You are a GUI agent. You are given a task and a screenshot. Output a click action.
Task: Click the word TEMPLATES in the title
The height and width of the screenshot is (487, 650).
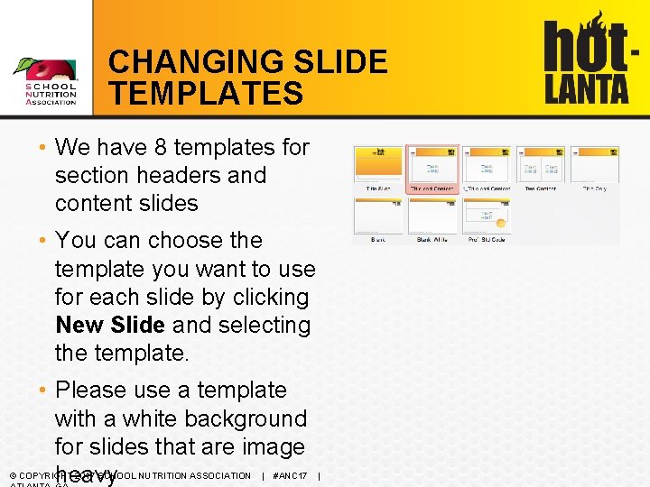tap(206, 93)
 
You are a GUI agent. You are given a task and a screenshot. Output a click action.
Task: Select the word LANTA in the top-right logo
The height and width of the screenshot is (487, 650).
tap(586, 88)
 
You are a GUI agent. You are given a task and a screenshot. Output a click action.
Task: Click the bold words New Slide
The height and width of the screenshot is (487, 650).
tap(110, 325)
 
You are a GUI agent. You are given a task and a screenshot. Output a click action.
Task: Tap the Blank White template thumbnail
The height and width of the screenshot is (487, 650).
tap(432, 216)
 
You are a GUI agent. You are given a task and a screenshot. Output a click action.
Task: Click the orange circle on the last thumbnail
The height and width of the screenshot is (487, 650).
tap(500, 220)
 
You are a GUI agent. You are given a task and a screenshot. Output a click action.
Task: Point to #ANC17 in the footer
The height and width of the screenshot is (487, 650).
tap(290, 475)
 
